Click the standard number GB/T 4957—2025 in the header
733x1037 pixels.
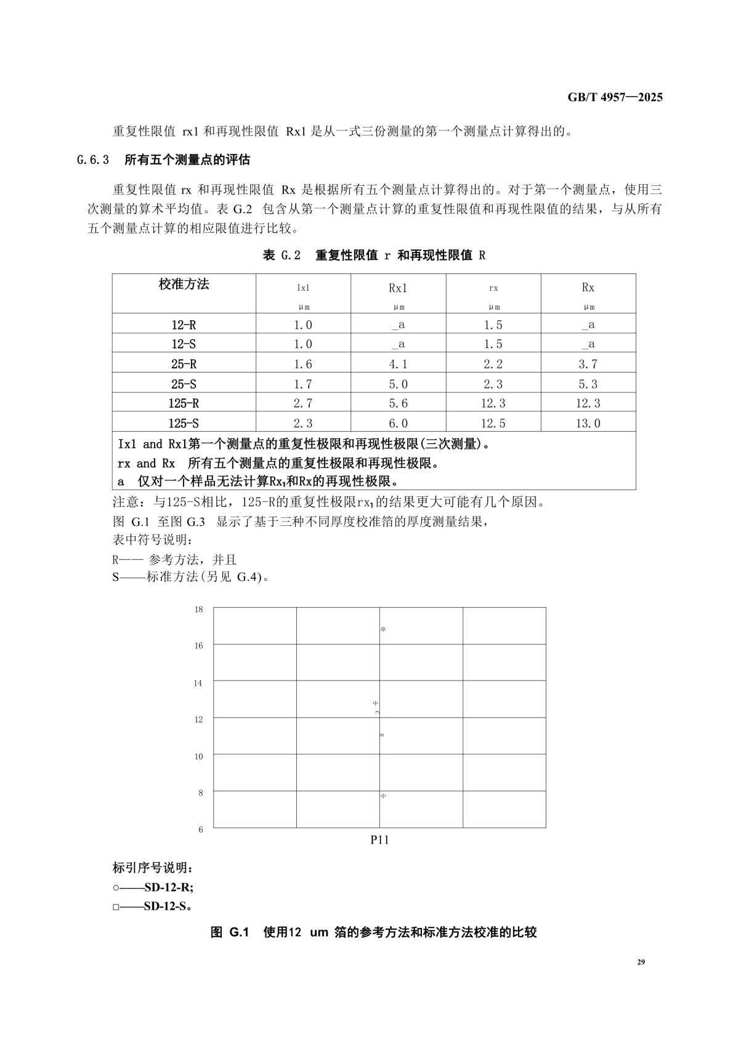click(x=615, y=97)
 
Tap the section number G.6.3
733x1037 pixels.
click(x=93, y=160)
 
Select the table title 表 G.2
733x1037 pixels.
click(x=281, y=255)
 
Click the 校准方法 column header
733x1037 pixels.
click(x=184, y=284)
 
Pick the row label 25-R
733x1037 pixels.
click(x=184, y=364)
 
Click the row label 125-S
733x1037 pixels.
click(x=184, y=423)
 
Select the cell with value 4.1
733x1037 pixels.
click(x=398, y=364)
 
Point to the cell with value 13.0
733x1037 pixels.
click(x=588, y=423)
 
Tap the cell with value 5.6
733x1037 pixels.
click(x=398, y=403)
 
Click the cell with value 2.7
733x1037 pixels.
click(x=303, y=403)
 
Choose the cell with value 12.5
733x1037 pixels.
click(x=493, y=423)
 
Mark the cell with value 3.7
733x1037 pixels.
click(x=588, y=364)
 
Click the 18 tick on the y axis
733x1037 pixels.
click(x=198, y=610)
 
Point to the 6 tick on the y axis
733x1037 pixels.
click(x=201, y=829)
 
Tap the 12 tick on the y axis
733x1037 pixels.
click(x=198, y=719)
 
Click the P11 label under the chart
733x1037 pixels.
click(x=379, y=840)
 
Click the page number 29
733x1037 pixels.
click(x=641, y=962)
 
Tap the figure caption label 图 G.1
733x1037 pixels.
click(x=229, y=932)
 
